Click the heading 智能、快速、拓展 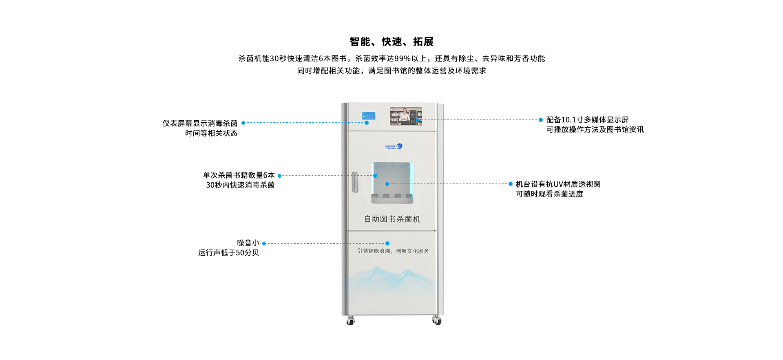pyautogui.click(x=391, y=42)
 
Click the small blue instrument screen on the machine pyautogui.click(x=369, y=116)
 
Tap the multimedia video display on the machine pyautogui.click(x=406, y=116)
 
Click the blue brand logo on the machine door pyautogui.click(x=394, y=146)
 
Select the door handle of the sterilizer pyautogui.click(x=355, y=182)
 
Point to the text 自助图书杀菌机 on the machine pyautogui.click(x=392, y=219)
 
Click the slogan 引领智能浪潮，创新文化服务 pyautogui.click(x=393, y=251)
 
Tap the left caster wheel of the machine pyautogui.click(x=350, y=321)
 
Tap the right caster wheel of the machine pyautogui.click(x=437, y=321)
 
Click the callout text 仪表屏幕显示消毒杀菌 pyautogui.click(x=200, y=123)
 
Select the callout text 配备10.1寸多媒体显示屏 pyautogui.click(x=587, y=120)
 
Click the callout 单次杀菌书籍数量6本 pyautogui.click(x=239, y=175)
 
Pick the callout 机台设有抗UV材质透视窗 pyautogui.click(x=558, y=184)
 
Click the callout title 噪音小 pyautogui.click(x=248, y=243)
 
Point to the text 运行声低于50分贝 pyautogui.click(x=228, y=253)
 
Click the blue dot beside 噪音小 pyautogui.click(x=264, y=243)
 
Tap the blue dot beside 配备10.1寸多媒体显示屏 pyautogui.click(x=541, y=120)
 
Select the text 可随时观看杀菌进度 pyautogui.click(x=549, y=194)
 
